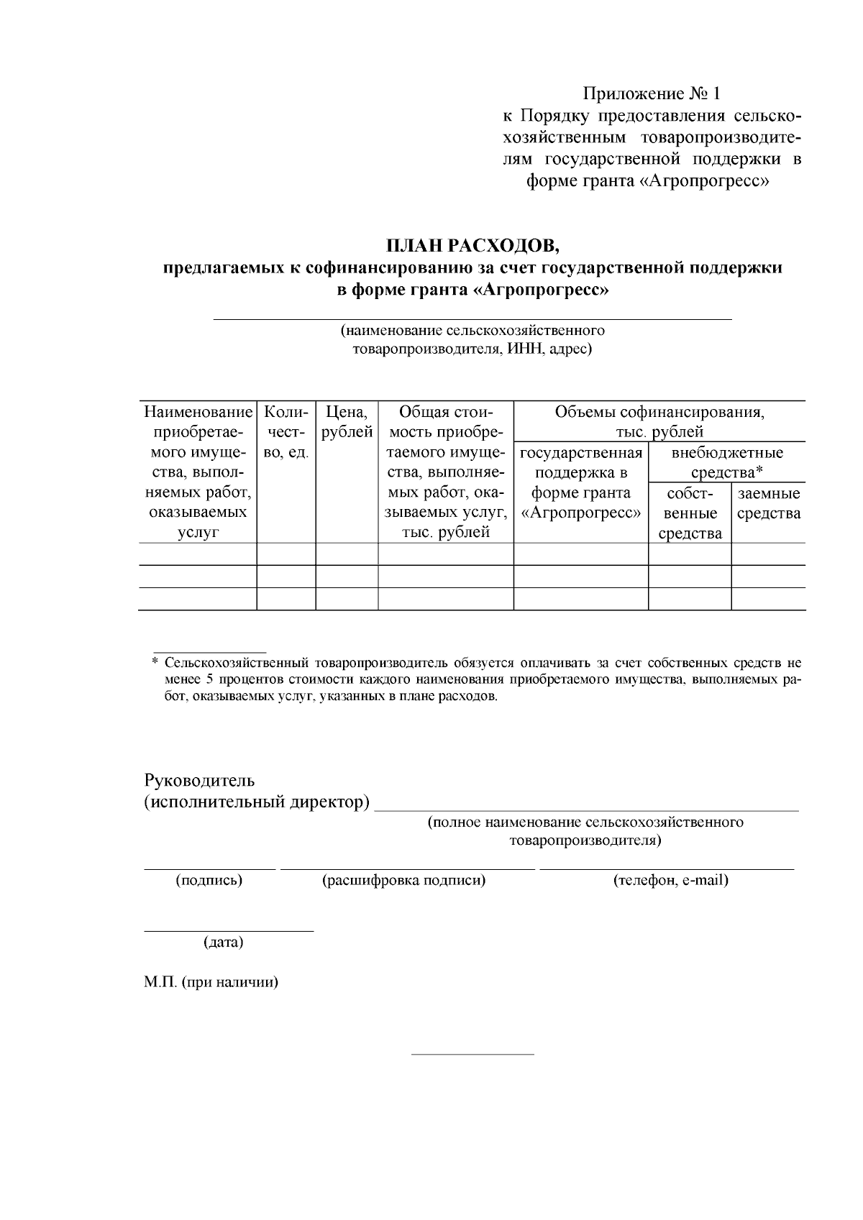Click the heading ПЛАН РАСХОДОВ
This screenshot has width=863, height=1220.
click(472, 246)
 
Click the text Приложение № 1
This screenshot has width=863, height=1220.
click(651, 93)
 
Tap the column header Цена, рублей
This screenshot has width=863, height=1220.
click(347, 422)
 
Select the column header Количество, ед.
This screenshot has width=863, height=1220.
click(286, 432)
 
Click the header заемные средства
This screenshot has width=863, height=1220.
click(768, 503)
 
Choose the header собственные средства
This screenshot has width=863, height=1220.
click(690, 513)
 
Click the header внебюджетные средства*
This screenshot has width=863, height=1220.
click(726, 462)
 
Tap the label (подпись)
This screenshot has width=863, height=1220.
click(209, 880)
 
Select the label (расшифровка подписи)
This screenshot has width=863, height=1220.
click(403, 880)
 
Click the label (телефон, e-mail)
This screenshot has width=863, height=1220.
click(670, 880)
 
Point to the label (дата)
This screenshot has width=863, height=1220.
click(224, 942)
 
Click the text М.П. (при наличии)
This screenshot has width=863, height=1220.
click(211, 982)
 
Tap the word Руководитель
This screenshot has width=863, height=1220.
click(199, 780)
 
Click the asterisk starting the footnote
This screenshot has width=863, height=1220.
click(155, 661)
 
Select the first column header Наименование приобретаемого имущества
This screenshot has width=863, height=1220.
click(198, 472)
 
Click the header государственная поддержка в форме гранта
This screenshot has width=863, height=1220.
click(580, 482)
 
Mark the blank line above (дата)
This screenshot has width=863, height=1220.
click(229, 931)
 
